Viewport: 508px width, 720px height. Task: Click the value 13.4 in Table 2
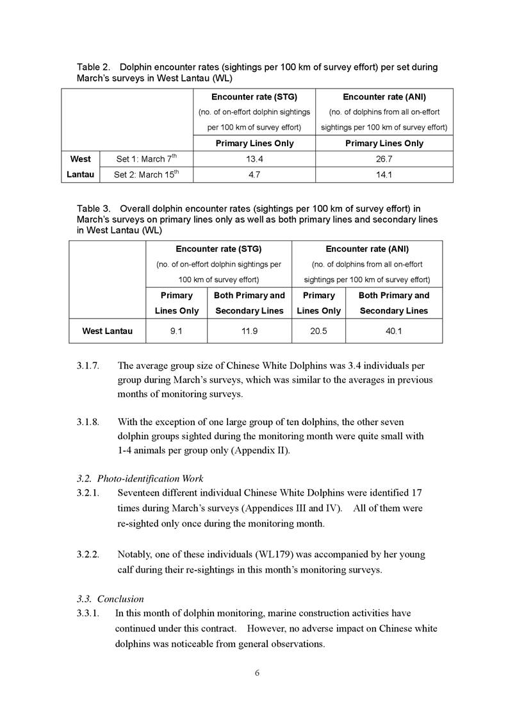coord(254,159)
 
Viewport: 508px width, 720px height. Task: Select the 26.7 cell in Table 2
coord(382,159)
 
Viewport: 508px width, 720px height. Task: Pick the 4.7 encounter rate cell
coord(254,174)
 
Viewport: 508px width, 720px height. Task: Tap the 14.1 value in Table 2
coord(382,174)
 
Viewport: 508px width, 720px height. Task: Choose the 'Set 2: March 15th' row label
coord(146,174)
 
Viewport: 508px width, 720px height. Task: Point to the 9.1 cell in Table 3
coord(176,331)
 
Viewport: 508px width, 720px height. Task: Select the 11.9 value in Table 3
coord(249,331)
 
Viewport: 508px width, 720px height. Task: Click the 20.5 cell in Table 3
coord(318,331)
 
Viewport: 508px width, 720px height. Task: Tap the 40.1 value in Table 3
coord(393,331)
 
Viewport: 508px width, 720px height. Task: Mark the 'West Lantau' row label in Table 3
coord(108,331)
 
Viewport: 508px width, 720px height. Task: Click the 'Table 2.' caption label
coord(93,67)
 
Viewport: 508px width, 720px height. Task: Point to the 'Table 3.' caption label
coord(93,209)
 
